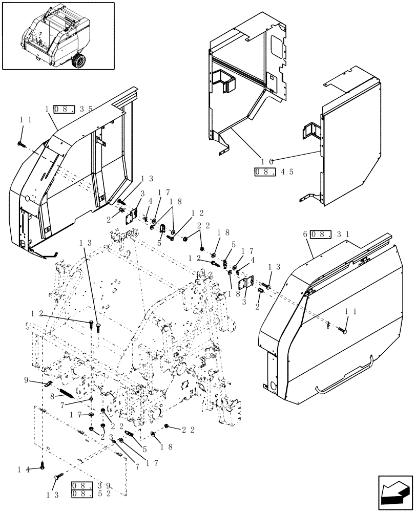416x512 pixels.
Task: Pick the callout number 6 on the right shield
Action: [x=305, y=234]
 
